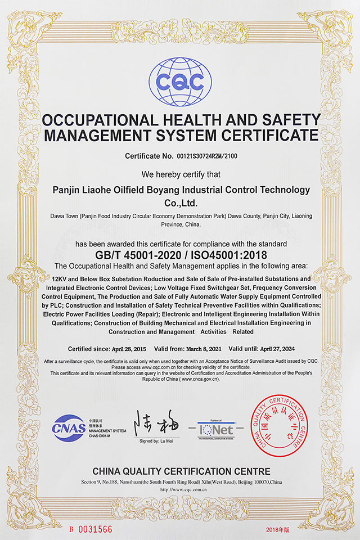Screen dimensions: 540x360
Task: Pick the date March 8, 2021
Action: pos(204,349)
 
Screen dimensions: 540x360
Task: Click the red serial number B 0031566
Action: pos(91,529)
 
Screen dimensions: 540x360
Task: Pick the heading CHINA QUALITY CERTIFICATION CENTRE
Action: pos(181,471)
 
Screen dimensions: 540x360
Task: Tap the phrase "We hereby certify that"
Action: pos(180,174)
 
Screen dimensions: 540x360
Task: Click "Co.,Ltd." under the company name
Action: pos(180,201)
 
